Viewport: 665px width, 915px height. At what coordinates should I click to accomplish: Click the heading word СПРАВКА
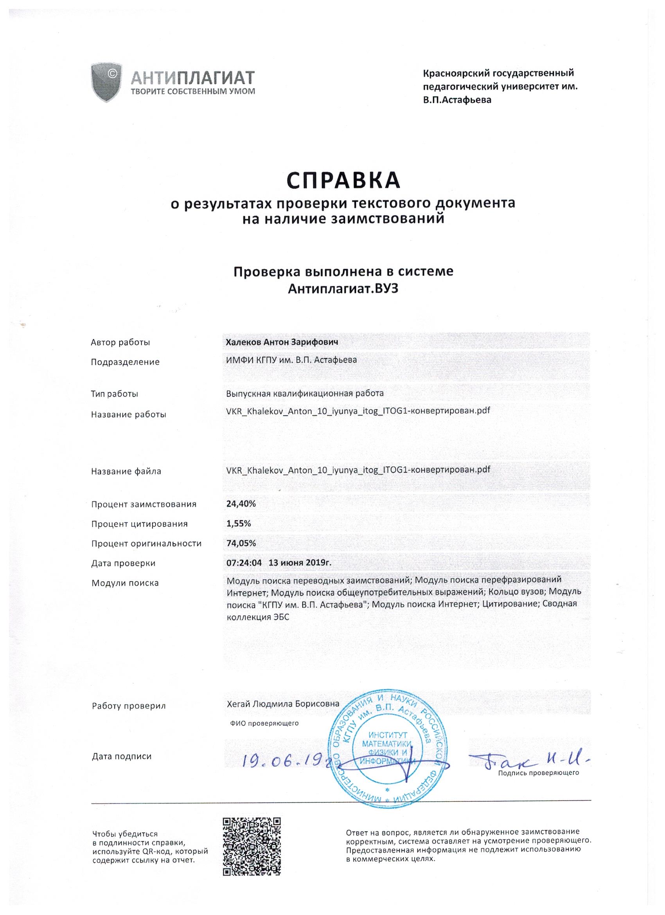(x=343, y=181)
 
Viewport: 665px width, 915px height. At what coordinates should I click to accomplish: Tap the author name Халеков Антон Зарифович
(x=282, y=342)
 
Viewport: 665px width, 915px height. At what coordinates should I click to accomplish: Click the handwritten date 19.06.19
(x=286, y=759)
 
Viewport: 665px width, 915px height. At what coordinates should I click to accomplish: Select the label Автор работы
(x=120, y=342)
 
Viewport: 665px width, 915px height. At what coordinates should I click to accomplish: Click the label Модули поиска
(x=125, y=583)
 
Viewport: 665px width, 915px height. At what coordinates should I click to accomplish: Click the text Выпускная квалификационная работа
(x=305, y=393)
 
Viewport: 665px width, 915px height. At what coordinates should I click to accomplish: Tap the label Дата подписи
(x=121, y=756)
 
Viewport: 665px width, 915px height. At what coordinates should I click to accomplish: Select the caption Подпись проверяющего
(x=538, y=773)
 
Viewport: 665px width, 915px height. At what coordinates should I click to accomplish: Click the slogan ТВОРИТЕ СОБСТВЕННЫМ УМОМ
(x=193, y=91)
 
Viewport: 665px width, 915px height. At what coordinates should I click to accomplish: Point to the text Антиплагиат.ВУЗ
(x=343, y=288)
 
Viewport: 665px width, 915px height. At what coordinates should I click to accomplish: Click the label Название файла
(x=126, y=471)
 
